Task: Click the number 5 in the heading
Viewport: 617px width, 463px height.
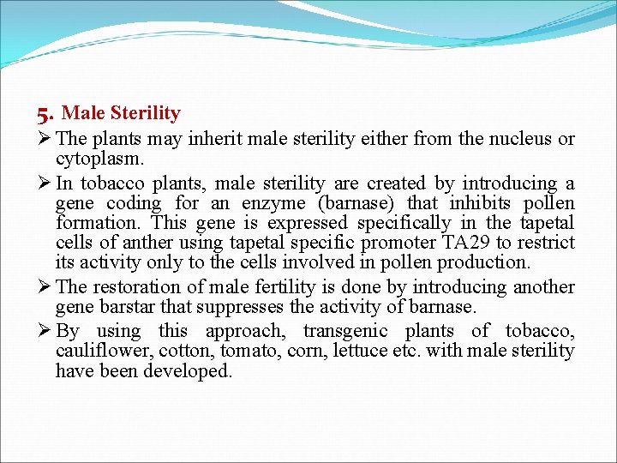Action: coord(45,113)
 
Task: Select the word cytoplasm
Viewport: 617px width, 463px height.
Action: coord(99,159)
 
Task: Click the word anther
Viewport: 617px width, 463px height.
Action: coord(131,243)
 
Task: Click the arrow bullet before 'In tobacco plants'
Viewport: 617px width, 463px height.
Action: coord(45,183)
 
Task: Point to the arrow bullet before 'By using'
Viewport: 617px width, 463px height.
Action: coord(45,331)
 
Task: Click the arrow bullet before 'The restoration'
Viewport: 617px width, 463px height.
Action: coord(45,287)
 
